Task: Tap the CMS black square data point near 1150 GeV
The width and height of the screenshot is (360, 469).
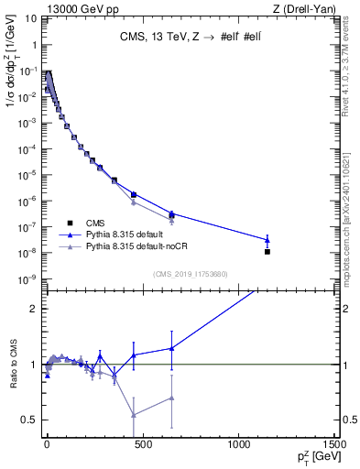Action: tap(267, 251)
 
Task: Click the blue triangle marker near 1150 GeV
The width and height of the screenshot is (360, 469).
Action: tap(267, 240)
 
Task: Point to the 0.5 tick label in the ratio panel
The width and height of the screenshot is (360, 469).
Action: tap(31, 420)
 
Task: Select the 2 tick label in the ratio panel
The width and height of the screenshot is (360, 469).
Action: tap(35, 309)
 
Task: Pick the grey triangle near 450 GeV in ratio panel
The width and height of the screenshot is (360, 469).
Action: tap(134, 415)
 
